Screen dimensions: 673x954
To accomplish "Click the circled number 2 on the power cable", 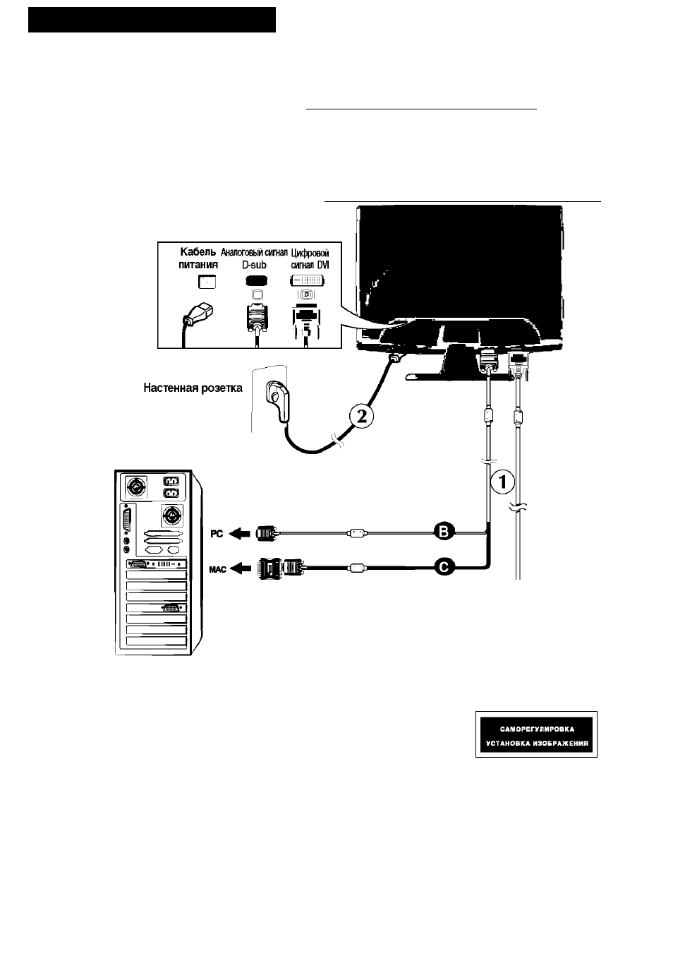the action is pyautogui.click(x=361, y=416).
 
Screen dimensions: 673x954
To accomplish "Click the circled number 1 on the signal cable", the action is pyautogui.click(x=502, y=482).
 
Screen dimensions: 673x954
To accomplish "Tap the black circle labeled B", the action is pyautogui.click(x=444, y=532).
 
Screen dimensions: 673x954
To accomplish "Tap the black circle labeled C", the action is pyautogui.click(x=444, y=567).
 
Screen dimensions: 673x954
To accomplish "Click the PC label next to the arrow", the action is pyautogui.click(x=217, y=534).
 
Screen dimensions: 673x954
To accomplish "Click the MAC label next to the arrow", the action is pyautogui.click(x=218, y=569).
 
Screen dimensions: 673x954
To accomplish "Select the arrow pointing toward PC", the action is pyautogui.click(x=240, y=533).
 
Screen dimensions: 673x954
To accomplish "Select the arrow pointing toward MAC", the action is pyautogui.click(x=242, y=568).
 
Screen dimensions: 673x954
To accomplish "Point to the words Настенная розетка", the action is pyautogui.click(x=193, y=388).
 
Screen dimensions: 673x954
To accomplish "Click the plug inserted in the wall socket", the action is pyautogui.click(x=278, y=401).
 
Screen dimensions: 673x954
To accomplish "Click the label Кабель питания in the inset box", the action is pyautogui.click(x=198, y=258).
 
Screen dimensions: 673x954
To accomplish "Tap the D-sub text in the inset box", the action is pyautogui.click(x=255, y=265).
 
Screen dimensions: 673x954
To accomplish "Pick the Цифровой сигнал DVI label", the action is pyautogui.click(x=310, y=259).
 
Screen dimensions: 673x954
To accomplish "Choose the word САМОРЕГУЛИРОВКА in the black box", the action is pyautogui.click(x=537, y=729).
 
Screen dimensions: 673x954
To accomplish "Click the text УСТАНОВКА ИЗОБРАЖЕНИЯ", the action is pyautogui.click(x=537, y=744).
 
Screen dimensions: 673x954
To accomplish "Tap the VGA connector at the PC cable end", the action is pyautogui.click(x=267, y=533).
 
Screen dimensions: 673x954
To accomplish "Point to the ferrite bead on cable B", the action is pyautogui.click(x=356, y=532).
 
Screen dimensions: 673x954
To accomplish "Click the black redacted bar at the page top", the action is pyautogui.click(x=152, y=20).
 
